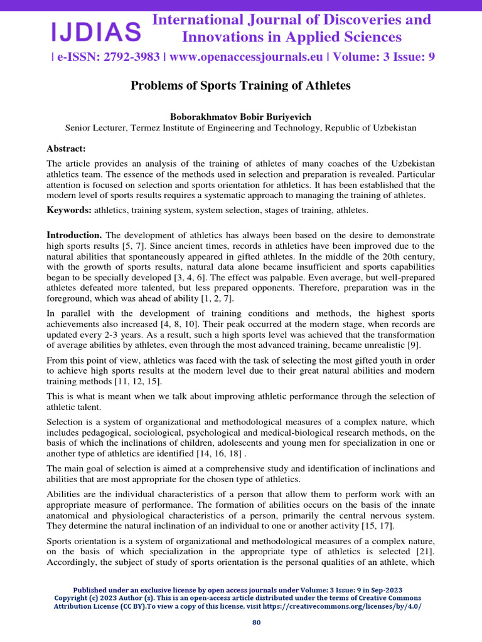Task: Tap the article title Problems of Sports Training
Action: (240, 85)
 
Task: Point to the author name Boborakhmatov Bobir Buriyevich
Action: (240, 117)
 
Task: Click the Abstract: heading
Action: (66, 148)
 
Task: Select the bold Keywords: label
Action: (69, 209)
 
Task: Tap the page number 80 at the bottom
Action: (256, 623)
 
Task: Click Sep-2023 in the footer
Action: (385, 591)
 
